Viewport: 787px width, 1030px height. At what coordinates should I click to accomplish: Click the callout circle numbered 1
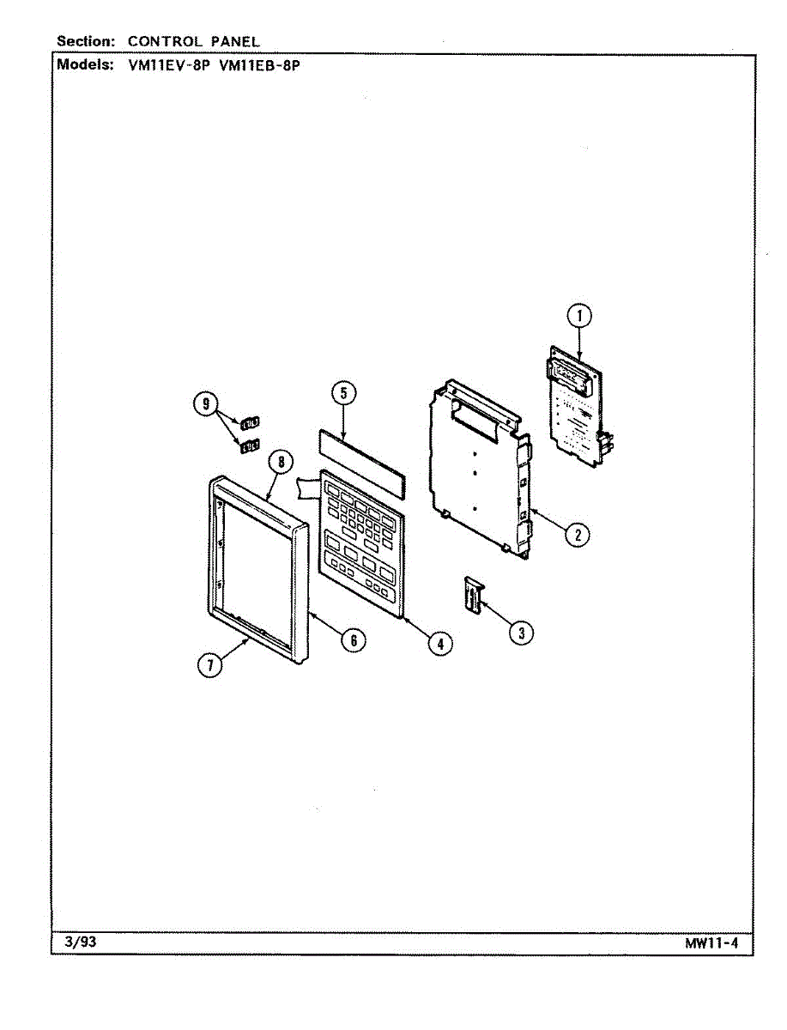[x=579, y=317]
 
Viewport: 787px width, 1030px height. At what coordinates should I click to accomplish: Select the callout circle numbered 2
[x=578, y=535]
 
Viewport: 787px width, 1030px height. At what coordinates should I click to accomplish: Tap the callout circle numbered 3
[x=520, y=633]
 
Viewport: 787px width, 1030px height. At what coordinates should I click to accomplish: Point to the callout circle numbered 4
[x=439, y=643]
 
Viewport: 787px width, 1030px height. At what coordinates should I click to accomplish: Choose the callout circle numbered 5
[x=343, y=394]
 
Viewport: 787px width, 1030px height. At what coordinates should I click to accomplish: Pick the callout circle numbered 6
[x=353, y=639]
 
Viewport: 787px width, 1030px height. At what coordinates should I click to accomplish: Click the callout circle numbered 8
[x=280, y=462]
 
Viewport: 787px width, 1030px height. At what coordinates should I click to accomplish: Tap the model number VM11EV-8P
[x=168, y=65]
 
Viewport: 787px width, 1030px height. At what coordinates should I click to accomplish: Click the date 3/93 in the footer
[x=81, y=943]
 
